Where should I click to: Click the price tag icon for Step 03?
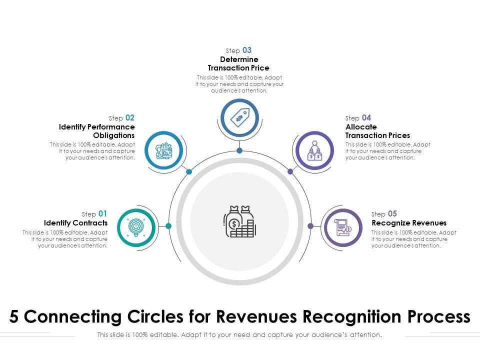[239, 118]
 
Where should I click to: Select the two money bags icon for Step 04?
[314, 150]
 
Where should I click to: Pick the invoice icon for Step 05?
[343, 228]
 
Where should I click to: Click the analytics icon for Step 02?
[164, 150]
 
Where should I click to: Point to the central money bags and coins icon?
[239, 221]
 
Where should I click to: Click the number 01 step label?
[102, 213]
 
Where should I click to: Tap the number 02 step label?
[130, 118]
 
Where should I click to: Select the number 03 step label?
[247, 50]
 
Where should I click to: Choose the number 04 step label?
[366, 118]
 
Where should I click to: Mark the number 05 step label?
[392, 213]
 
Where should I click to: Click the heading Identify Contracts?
[75, 223]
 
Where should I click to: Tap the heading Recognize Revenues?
[409, 223]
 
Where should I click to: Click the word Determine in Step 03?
[239, 59]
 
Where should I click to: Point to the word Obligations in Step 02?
[114, 135]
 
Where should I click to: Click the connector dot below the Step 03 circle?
[239, 150]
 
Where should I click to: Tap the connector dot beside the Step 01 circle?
[168, 226]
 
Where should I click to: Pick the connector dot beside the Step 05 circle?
[310, 226]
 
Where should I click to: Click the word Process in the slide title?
[439, 317]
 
